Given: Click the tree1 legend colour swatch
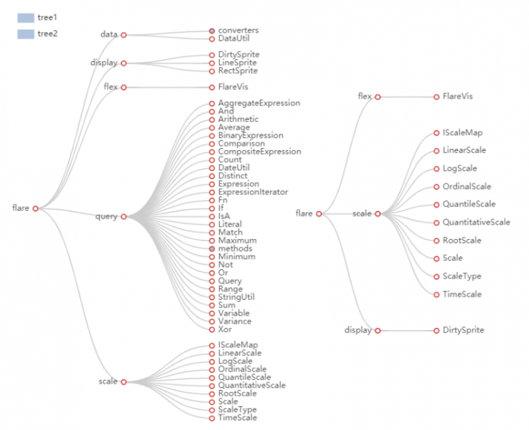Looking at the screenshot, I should (x=25, y=18).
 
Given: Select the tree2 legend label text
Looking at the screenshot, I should (x=48, y=33).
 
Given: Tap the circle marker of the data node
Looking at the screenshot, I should (x=124, y=34).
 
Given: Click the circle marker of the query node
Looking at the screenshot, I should (x=124, y=216).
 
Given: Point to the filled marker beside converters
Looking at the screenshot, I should (x=212, y=30).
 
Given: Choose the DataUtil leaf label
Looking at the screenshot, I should (x=234, y=39).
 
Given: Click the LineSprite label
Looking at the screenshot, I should (x=238, y=63).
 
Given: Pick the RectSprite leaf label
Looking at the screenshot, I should (x=238, y=71).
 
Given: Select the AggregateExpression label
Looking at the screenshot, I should (x=259, y=103).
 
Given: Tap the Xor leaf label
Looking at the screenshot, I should (x=226, y=329).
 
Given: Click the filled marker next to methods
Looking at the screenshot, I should (x=212, y=249).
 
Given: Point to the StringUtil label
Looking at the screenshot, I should (x=236, y=297).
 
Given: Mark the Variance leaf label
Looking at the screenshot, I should (x=235, y=321).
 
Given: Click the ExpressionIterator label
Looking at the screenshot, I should (x=253, y=192).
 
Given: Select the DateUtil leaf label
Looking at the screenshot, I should (x=234, y=167).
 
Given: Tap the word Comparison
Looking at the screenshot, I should (x=241, y=143).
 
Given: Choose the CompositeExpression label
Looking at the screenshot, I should (x=259, y=152).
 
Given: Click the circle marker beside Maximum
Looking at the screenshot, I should (x=212, y=240).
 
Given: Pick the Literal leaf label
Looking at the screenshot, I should (x=230, y=225).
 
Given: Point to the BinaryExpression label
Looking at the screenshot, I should (x=250, y=136).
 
